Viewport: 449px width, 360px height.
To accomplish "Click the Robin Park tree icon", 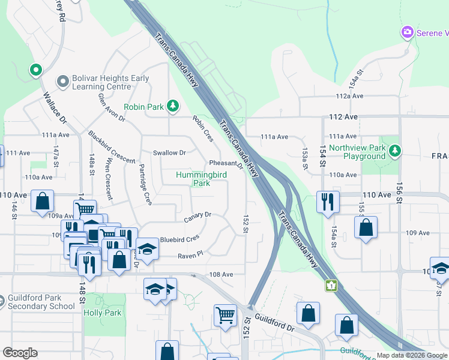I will coord(173,107).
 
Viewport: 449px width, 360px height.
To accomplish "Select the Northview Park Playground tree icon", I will coord(395,150).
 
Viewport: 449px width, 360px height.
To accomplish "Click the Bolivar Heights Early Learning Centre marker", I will coord(62,81).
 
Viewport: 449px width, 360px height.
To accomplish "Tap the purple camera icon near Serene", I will coord(408,32).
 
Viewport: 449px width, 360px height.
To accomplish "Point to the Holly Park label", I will coord(103,313).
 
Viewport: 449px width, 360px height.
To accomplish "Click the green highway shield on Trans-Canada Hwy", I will coord(330,286).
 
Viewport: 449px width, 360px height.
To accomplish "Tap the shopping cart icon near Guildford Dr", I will coord(225,314).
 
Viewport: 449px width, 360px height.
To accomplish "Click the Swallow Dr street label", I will coord(169,153).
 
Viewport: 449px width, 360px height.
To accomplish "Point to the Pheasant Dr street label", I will coord(225,163).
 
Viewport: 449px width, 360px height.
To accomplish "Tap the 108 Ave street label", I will coord(221,274).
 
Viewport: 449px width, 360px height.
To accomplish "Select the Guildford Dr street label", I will coord(274,323).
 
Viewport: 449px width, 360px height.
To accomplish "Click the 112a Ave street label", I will coord(350,96).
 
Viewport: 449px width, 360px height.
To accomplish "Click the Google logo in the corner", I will coord(20,353).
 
